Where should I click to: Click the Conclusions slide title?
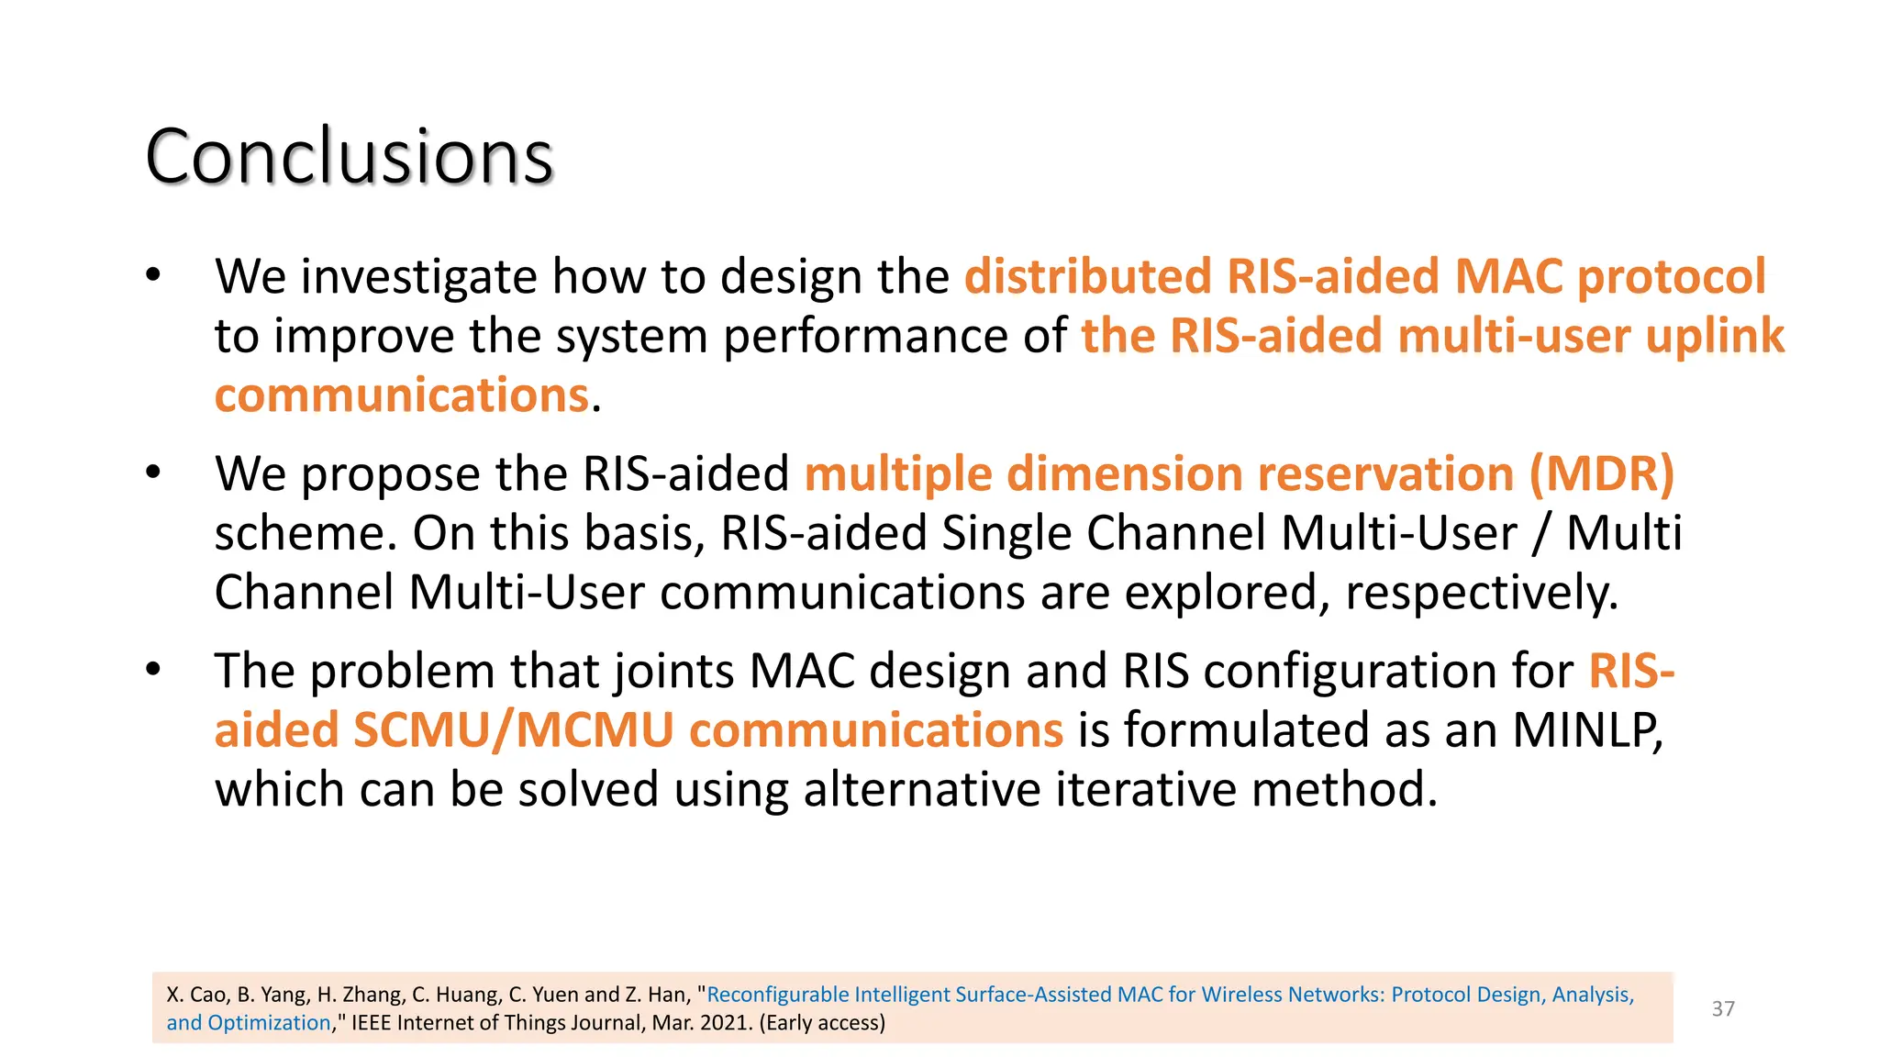(349, 157)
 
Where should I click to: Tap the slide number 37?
(1723, 1008)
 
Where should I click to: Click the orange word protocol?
(1671, 276)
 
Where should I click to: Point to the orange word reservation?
(1385, 474)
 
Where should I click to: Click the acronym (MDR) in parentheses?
(1602, 474)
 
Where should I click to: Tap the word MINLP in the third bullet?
(1587, 730)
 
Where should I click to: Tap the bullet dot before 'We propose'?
(153, 473)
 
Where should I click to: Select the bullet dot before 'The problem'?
(153, 670)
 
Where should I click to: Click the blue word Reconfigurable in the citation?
(778, 995)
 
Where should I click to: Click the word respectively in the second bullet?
(1481, 593)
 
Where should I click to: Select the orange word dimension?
(1123, 474)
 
